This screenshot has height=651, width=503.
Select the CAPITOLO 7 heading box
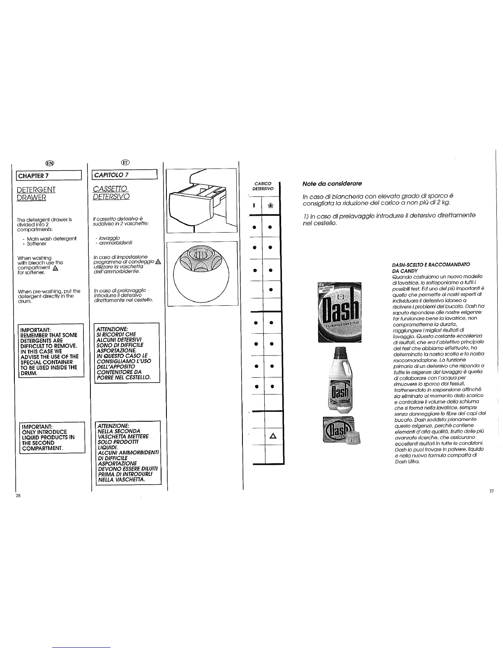[125, 176]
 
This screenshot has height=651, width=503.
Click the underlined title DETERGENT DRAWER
[37, 194]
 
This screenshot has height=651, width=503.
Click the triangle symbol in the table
[272, 437]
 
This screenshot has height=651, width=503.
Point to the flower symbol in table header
[271, 204]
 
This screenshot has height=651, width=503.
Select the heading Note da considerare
[332, 183]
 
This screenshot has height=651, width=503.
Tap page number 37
[491, 492]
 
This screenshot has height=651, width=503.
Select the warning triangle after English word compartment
[52, 268]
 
